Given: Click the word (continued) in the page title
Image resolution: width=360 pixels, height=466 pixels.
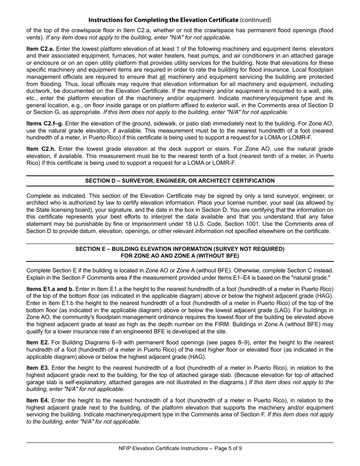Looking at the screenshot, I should coord(256,20).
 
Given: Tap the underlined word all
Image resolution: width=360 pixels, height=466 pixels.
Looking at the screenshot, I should coord(162,77).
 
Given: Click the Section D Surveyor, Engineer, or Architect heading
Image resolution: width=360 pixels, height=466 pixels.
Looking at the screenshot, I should coord(180,181).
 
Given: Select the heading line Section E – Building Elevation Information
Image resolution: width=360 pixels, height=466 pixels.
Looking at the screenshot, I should coord(180,249).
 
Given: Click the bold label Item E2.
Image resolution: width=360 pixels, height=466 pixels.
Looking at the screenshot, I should coord(38,342).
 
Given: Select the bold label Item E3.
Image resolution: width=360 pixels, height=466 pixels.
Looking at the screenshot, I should coord(38,368).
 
